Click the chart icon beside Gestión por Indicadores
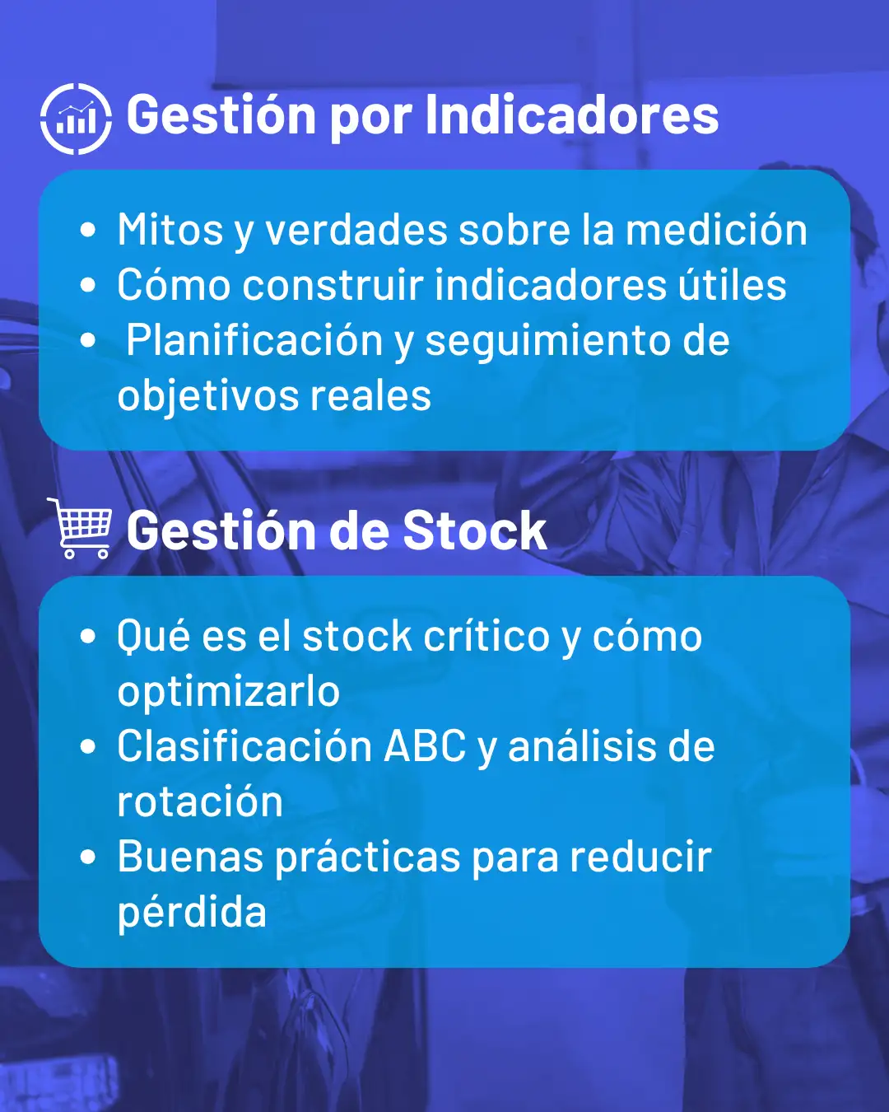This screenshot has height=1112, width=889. click(76, 119)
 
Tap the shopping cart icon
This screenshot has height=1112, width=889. click(80, 528)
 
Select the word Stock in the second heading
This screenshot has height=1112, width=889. click(475, 530)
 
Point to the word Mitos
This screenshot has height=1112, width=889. click(170, 230)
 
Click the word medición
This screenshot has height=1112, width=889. click(716, 230)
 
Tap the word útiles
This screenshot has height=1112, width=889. click(733, 284)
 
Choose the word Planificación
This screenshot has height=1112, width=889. click(254, 340)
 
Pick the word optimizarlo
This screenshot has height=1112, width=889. click(229, 692)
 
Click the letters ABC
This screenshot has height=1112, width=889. click(425, 746)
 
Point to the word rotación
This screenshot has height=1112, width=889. click(200, 802)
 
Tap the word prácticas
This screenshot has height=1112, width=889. click(367, 857)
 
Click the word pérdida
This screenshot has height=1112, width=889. click(192, 913)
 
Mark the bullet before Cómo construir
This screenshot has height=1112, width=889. click(88, 285)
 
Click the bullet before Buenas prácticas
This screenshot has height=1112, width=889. click(88, 857)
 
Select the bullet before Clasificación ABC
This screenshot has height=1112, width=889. click(88, 746)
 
